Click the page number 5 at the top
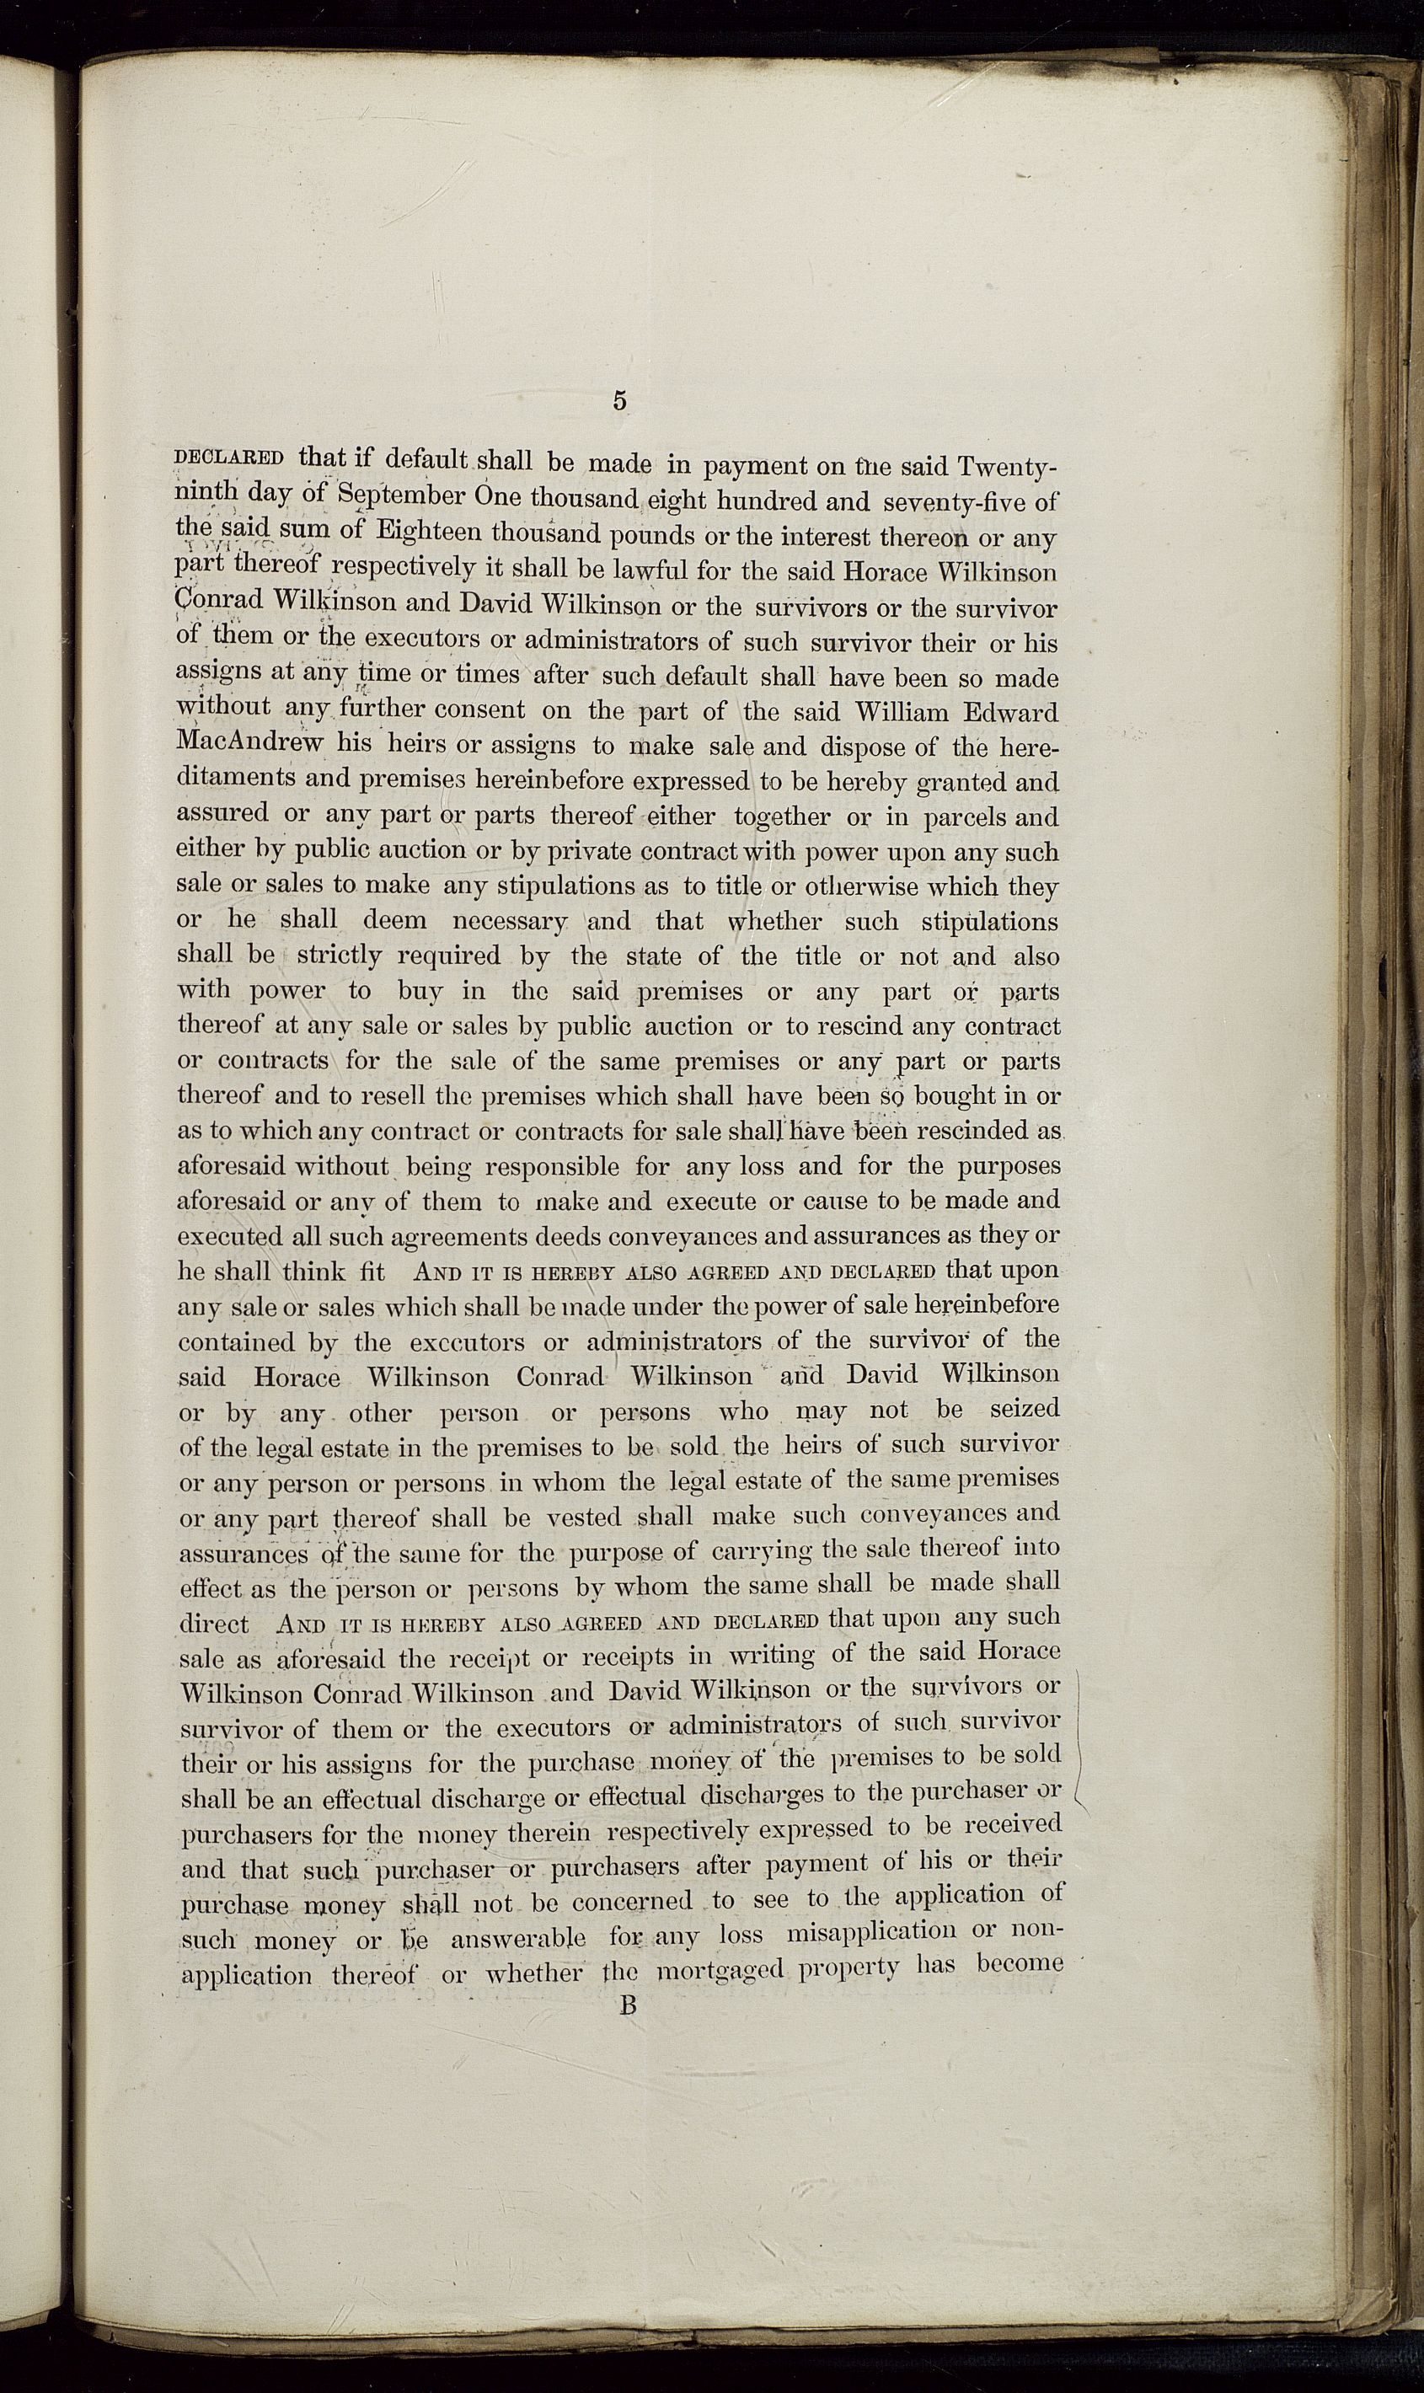[619, 402]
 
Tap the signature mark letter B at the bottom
[629, 2005]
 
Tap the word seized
[1024, 1410]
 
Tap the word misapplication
[870, 1931]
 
